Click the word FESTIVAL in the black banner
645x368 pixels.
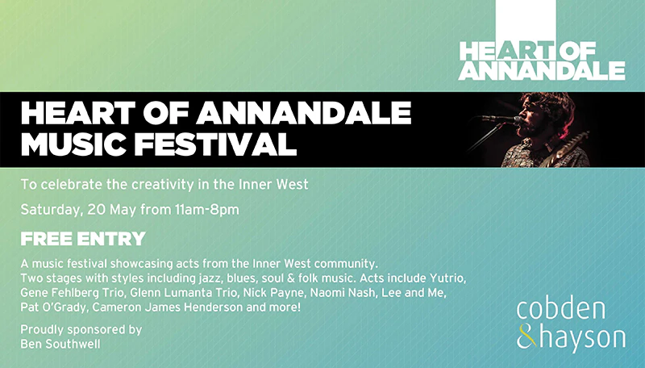[215, 144]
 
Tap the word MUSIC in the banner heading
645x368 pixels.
[73, 144]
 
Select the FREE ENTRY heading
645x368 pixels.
[83, 239]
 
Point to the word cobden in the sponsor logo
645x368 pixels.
[560, 310]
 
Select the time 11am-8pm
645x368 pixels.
[207, 210]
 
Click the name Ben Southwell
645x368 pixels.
[60, 344]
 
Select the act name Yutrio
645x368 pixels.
[447, 278]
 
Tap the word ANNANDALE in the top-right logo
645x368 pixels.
[542, 70]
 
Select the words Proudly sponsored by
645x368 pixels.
[81, 330]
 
